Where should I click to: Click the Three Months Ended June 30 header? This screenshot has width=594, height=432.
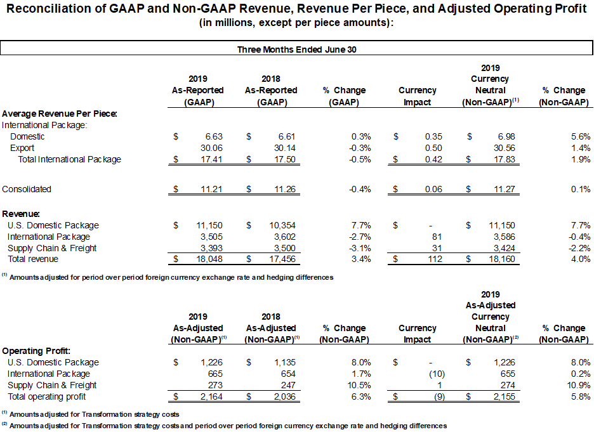[296, 49]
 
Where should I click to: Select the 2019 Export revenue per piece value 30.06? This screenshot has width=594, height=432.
[211, 148]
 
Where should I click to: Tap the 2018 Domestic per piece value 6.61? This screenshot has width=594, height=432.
[287, 136]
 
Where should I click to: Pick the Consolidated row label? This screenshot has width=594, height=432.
[27, 189]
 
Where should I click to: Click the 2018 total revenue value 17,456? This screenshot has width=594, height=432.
[282, 259]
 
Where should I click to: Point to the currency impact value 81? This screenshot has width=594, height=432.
[437, 237]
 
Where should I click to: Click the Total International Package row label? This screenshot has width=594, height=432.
[70, 159]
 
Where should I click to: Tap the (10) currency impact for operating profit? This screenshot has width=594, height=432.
[437, 374]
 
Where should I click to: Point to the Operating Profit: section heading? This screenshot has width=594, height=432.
[36, 351]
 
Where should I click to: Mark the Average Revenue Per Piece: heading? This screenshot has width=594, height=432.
[60, 114]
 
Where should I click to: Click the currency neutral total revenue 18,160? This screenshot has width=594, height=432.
[502, 259]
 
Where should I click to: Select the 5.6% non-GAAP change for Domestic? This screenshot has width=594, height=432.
[581, 136]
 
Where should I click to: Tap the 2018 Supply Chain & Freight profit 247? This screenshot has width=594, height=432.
[288, 386]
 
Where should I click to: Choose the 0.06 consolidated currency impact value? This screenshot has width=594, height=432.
[433, 189]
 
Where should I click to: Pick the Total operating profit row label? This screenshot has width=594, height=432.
[47, 396]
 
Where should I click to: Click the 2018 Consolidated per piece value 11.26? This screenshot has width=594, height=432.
[284, 189]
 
